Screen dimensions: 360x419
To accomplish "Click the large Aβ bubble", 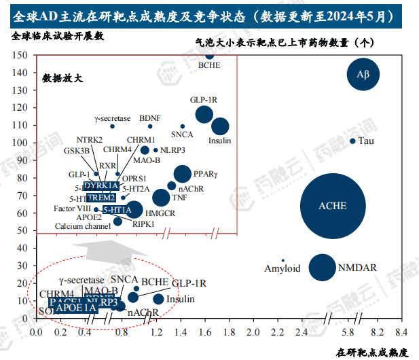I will pos(363,75).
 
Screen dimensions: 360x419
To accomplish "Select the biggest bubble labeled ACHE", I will pos(333,206).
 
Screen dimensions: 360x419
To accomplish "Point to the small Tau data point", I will pos(352,141).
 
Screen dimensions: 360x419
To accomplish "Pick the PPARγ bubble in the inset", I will pos(183,174).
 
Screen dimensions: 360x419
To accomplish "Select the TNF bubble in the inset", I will pos(162,198).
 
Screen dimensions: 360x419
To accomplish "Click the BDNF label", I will pos(150,118).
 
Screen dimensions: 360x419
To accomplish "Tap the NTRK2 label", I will pos(90,140).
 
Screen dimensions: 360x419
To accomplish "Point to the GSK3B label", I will pos(76,150).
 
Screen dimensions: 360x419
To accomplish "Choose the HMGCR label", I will pos(160,213).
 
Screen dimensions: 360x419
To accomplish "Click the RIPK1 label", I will pos(143,223).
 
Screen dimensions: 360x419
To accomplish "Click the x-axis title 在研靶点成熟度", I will pos(372,352).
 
